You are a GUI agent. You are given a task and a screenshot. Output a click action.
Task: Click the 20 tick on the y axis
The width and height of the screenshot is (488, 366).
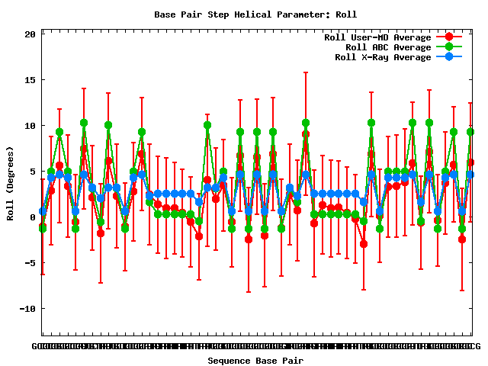click(30, 34)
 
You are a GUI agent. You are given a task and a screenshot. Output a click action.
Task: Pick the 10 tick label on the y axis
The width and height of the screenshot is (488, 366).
click(30, 126)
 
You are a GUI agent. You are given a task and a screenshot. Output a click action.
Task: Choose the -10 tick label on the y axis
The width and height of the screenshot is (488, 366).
click(28, 309)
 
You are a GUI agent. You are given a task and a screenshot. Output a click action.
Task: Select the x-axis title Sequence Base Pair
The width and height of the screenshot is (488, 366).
click(255, 361)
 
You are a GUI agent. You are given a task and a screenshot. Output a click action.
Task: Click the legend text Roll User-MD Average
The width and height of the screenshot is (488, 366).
click(377, 37)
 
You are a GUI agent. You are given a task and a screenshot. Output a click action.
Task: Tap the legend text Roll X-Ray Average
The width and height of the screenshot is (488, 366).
click(383, 57)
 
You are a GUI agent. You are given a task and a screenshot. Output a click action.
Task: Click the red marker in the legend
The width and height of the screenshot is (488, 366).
click(449, 37)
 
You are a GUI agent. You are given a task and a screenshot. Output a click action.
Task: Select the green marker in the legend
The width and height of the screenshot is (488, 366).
click(449, 47)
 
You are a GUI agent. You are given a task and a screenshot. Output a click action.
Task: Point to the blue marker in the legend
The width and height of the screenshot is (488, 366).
click(449, 57)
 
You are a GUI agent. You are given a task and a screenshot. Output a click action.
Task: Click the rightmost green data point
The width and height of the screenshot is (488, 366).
click(470, 132)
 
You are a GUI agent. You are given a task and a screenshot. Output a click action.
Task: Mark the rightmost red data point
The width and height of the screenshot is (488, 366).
click(470, 162)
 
